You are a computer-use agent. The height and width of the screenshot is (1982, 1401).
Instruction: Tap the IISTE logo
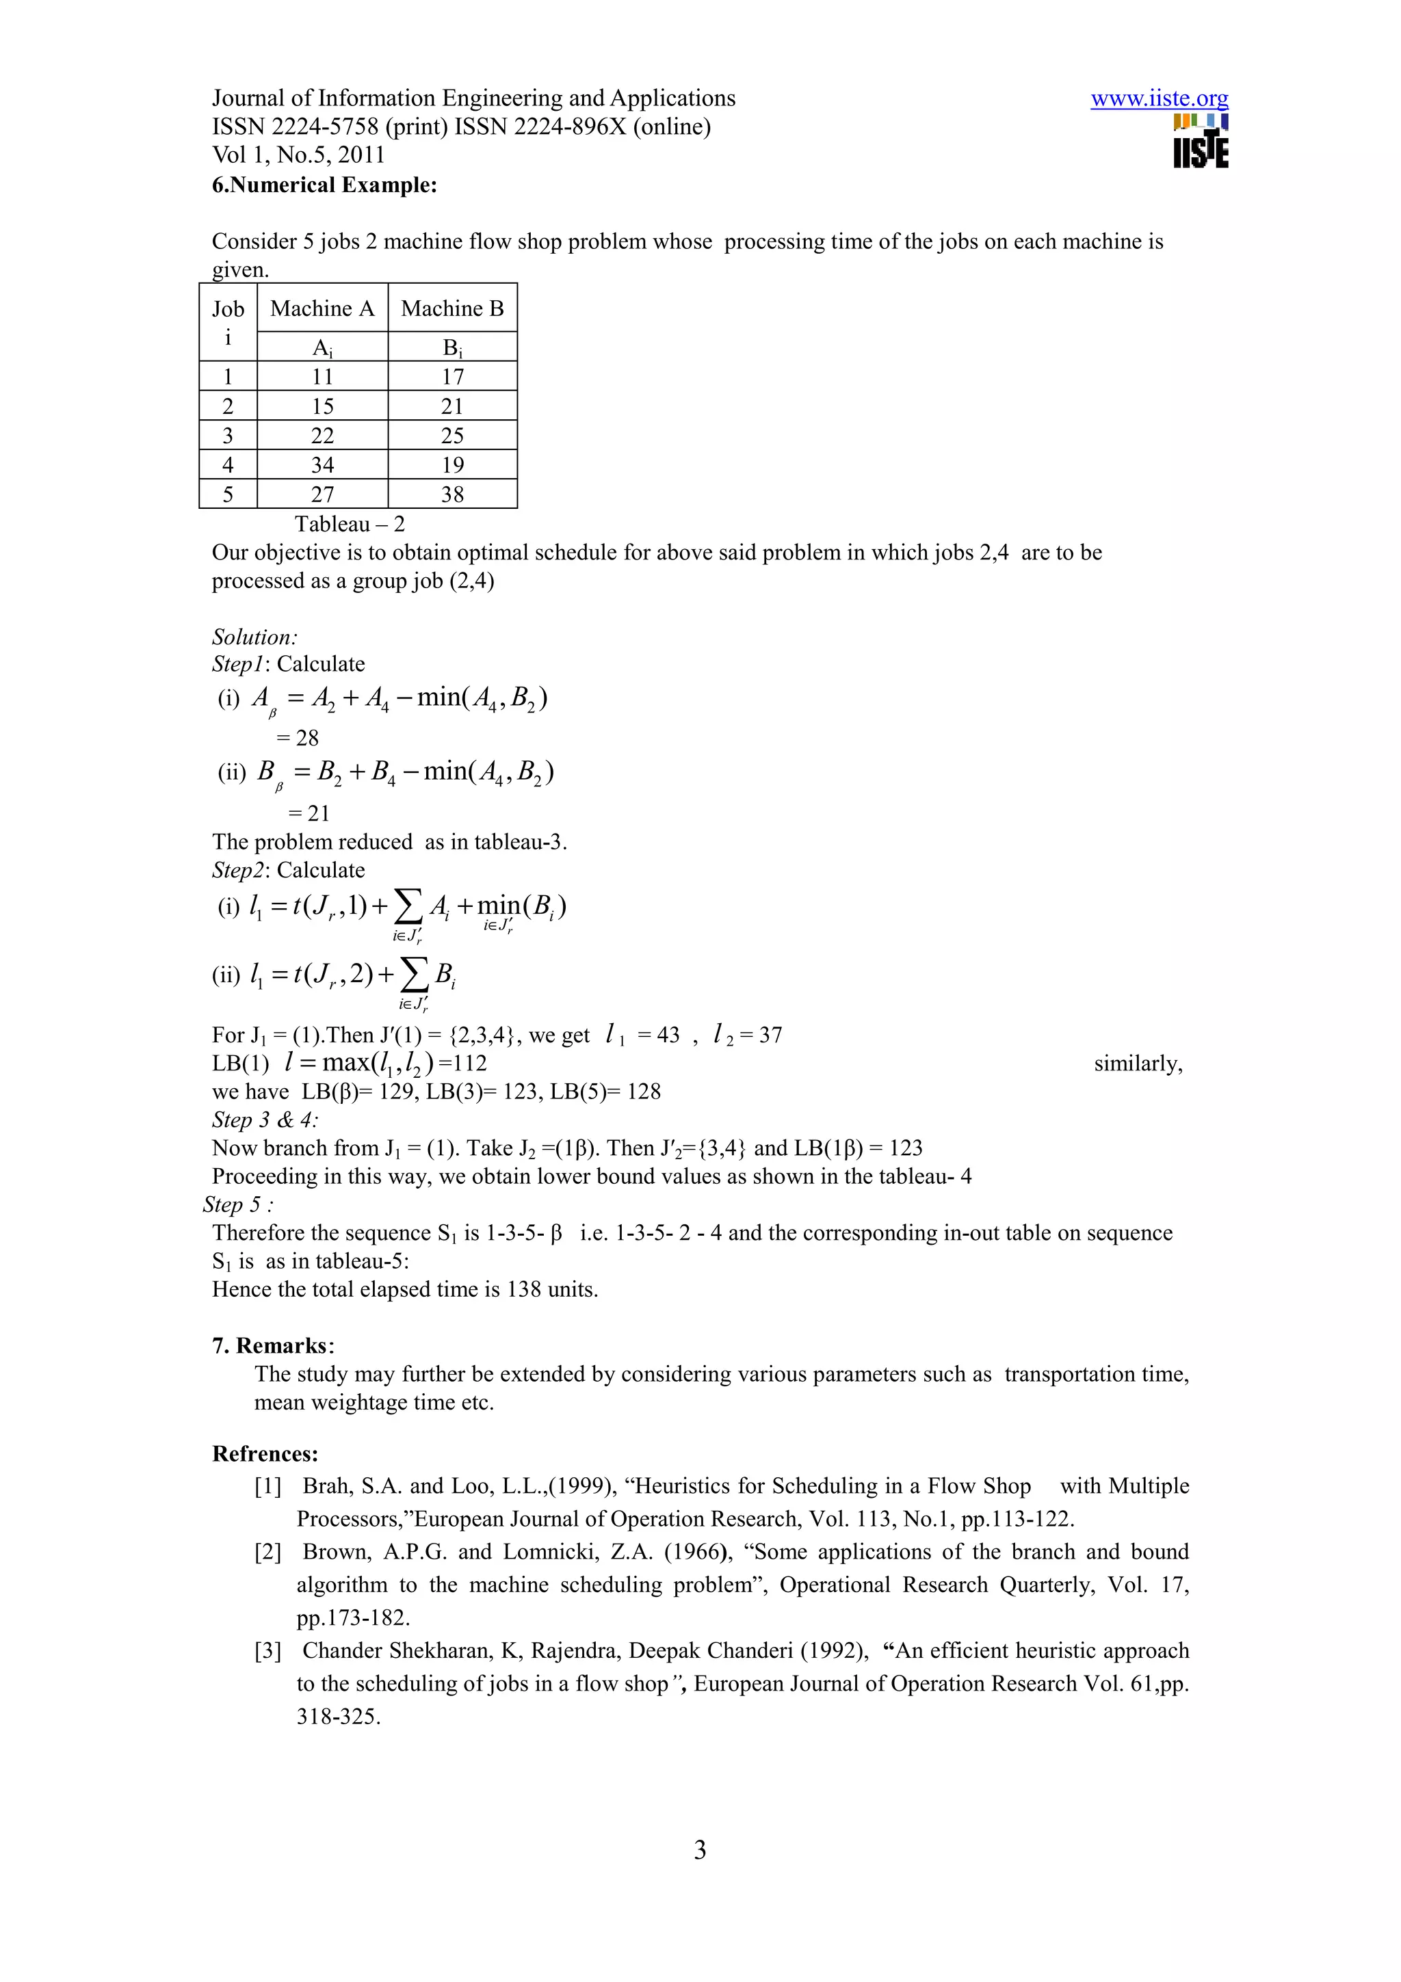pos(1200,141)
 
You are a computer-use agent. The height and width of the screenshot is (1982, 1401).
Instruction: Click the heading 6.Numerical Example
pos(324,185)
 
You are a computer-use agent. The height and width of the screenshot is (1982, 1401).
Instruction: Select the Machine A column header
pos(322,308)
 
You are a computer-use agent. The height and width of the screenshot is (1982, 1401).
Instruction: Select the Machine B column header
pos(452,308)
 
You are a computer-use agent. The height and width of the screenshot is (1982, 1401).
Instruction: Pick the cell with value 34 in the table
pos(322,465)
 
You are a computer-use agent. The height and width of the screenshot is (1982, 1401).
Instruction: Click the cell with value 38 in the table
pos(452,494)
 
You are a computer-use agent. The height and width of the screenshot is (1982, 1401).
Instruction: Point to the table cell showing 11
pos(322,376)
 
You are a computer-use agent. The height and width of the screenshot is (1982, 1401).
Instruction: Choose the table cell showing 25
pos(452,436)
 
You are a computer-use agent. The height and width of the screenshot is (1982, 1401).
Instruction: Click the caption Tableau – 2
pos(350,524)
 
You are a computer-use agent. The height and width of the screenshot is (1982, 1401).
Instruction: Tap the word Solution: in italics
pos(254,637)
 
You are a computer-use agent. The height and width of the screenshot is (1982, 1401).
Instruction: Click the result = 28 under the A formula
pos(298,738)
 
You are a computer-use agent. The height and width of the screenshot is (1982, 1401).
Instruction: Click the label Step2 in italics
pos(237,870)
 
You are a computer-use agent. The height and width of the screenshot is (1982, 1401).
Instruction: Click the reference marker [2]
pos(267,1551)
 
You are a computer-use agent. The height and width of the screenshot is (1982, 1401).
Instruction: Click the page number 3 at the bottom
pos(700,1850)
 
